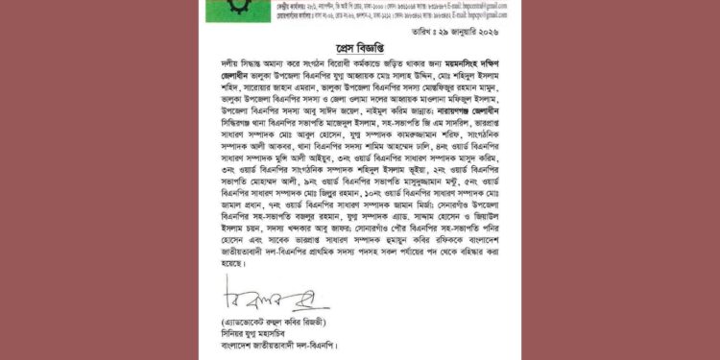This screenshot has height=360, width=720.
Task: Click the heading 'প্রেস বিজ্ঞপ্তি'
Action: (x=361, y=47)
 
